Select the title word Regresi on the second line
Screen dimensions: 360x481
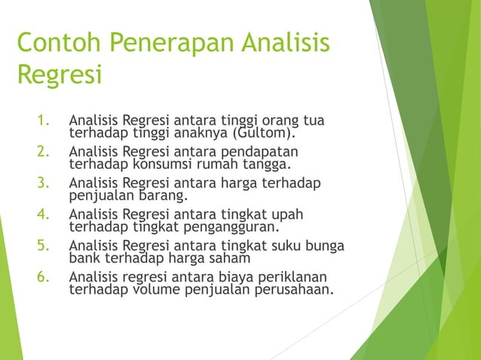[60, 75]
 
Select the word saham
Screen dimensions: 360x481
[234, 259]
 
